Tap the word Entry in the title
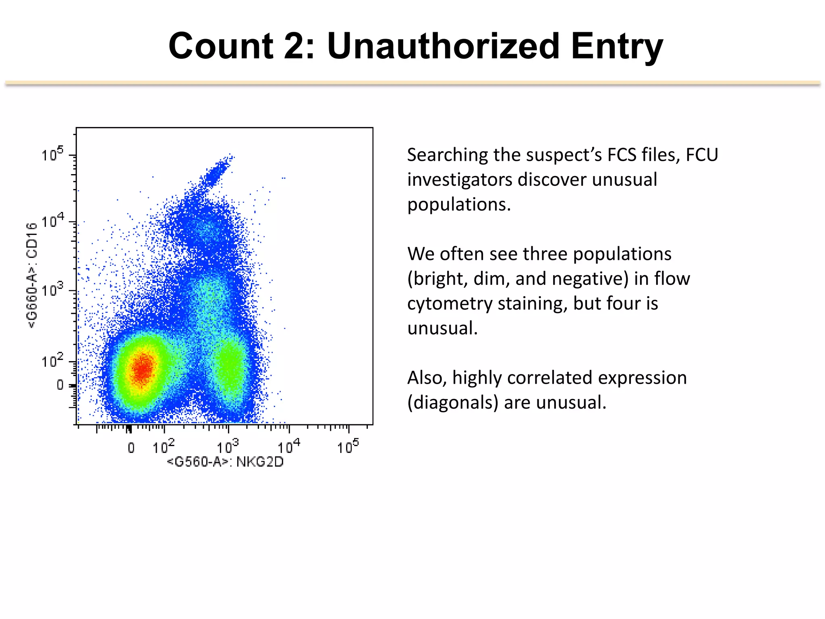point(616,46)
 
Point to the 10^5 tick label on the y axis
point(52,154)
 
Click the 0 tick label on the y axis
point(60,385)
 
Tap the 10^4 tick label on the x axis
point(288,447)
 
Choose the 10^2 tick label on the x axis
point(163,447)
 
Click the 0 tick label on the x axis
point(131,448)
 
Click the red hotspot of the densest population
point(142,369)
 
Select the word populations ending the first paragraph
point(458,204)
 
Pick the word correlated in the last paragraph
point(549,378)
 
